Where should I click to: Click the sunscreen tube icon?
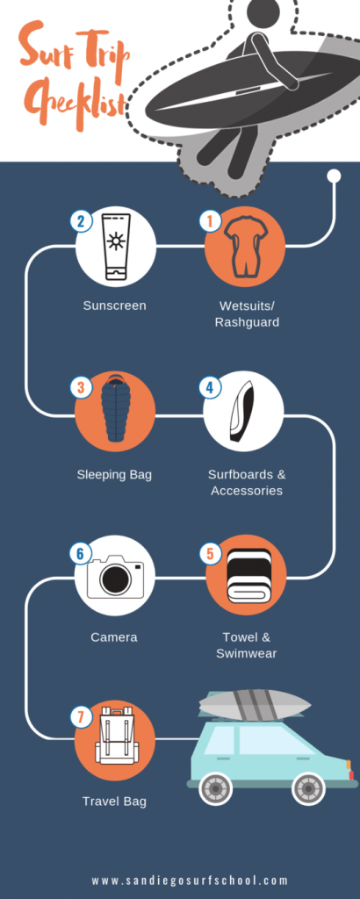[115, 247]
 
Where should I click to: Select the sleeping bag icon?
[115, 408]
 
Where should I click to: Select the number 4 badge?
[210, 387]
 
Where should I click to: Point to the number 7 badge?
[81, 717]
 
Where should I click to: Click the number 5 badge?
[210, 554]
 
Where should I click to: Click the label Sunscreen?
[115, 306]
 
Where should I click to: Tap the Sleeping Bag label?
[115, 475]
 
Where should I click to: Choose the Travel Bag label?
[115, 801]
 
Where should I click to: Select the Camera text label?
[114, 637]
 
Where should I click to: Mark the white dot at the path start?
[334, 176]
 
